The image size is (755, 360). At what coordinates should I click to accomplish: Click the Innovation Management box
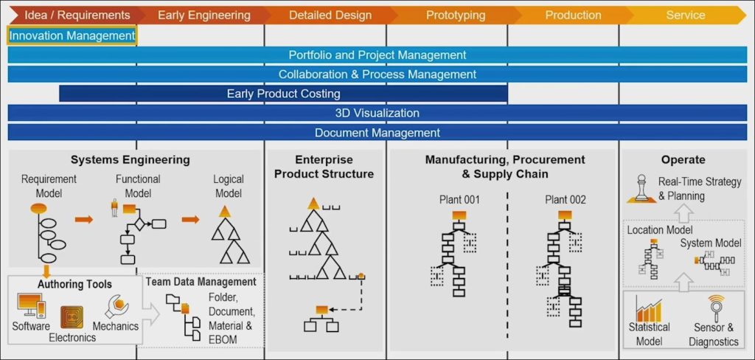[72, 35]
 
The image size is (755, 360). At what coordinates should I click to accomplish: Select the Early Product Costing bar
[283, 94]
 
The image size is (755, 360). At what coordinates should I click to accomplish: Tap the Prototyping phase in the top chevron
[456, 15]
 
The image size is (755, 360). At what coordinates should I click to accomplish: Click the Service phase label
[685, 15]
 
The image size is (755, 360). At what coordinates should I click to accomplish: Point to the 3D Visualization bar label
[377, 114]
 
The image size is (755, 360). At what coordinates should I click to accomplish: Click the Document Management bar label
[377, 133]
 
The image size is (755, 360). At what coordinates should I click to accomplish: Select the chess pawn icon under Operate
[641, 189]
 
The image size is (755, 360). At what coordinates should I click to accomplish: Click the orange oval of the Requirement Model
[38, 209]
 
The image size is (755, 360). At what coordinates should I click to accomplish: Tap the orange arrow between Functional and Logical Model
[191, 220]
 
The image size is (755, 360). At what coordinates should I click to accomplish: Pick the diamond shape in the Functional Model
[139, 224]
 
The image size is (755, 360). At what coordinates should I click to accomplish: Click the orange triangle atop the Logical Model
[224, 212]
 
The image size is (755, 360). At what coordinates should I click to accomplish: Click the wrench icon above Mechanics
[117, 306]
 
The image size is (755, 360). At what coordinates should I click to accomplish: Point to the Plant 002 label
[566, 199]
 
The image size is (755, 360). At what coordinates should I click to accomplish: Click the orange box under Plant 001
[459, 215]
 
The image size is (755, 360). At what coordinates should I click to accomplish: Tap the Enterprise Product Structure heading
[324, 167]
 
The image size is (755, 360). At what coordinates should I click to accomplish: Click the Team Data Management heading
[201, 282]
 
